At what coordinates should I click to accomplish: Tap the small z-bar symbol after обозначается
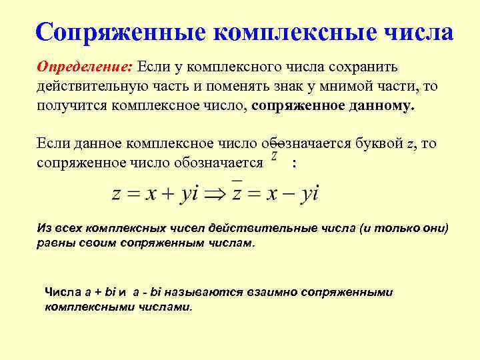click(275, 155)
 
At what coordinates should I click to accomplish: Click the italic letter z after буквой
click(410, 144)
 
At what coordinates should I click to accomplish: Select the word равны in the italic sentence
click(53, 243)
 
